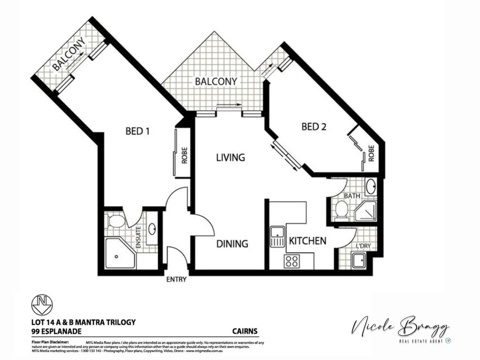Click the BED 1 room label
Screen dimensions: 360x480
pyautogui.click(x=137, y=131)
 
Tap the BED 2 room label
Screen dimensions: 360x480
pyautogui.click(x=314, y=127)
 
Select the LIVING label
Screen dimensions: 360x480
pyautogui.click(x=230, y=157)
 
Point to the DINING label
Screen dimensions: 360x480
pyautogui.click(x=232, y=244)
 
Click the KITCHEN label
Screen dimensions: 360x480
pyautogui.click(x=307, y=241)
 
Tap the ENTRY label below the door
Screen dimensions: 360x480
pyautogui.click(x=176, y=279)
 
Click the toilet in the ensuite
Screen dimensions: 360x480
pyautogui.click(x=116, y=221)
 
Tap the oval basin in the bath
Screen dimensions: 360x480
pyautogui.click(x=371, y=186)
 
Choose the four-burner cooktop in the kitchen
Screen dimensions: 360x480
pyautogui.click(x=291, y=261)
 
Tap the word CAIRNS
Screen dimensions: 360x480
pyautogui.click(x=245, y=331)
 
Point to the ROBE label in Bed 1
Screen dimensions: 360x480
pyautogui.click(x=184, y=155)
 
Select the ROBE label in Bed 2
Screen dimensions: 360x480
pyautogui.click(x=371, y=153)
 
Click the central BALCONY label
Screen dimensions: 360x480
pyautogui.click(x=216, y=81)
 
